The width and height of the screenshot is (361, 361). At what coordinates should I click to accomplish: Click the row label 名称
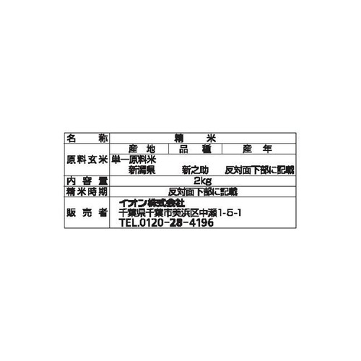(x=87, y=139)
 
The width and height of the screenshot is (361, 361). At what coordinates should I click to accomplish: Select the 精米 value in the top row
(x=196, y=139)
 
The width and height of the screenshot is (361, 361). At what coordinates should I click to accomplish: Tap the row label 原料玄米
(x=87, y=160)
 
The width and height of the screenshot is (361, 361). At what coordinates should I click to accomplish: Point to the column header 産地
(x=142, y=149)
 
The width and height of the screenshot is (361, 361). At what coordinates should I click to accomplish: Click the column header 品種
(x=195, y=149)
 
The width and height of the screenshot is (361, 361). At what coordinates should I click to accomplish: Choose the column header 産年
(x=257, y=149)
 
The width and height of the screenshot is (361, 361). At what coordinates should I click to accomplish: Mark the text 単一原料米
(x=134, y=160)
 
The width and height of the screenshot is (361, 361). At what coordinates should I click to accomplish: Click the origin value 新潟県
(x=142, y=170)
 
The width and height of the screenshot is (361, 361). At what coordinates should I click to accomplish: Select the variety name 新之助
(x=195, y=170)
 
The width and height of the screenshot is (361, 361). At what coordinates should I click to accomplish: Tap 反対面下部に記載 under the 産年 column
(x=259, y=170)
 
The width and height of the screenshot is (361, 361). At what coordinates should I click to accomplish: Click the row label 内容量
(x=87, y=181)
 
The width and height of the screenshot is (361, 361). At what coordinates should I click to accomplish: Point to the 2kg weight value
(x=203, y=180)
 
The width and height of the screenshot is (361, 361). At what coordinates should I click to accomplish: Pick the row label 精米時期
(x=87, y=192)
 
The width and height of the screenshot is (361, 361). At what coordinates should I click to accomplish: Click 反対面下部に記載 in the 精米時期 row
(x=203, y=192)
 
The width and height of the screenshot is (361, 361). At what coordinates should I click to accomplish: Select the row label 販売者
(x=87, y=213)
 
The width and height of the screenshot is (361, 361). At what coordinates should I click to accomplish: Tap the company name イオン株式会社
(x=152, y=204)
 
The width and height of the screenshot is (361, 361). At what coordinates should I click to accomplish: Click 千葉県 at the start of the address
(x=132, y=213)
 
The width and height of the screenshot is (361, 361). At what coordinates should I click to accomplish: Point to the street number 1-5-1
(x=230, y=213)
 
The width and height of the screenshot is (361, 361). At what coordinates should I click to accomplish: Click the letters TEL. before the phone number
(x=129, y=223)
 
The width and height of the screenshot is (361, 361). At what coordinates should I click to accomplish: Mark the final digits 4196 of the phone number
(x=201, y=223)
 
